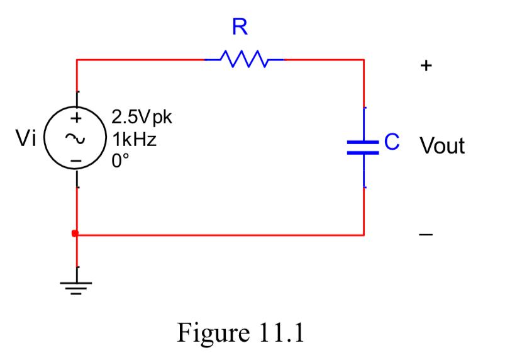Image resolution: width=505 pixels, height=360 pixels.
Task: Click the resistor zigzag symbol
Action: point(245,60)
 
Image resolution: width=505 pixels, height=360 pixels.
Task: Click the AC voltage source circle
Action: point(76,138)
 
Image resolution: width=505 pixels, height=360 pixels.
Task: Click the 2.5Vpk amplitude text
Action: point(141,118)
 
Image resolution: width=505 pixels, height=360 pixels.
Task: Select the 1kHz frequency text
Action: point(133,139)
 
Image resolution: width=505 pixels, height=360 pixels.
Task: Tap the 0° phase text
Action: point(119,160)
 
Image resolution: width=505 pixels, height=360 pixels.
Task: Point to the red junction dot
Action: point(75,234)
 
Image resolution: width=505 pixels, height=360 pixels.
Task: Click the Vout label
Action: point(442,146)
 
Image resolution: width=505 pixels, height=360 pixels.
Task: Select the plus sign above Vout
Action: point(426,65)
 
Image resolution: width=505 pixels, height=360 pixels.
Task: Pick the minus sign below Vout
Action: point(426,235)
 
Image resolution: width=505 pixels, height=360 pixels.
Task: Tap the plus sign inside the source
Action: point(76,118)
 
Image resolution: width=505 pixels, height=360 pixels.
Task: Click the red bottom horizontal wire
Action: point(220,235)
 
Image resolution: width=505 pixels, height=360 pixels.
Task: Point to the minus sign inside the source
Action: point(76,161)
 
